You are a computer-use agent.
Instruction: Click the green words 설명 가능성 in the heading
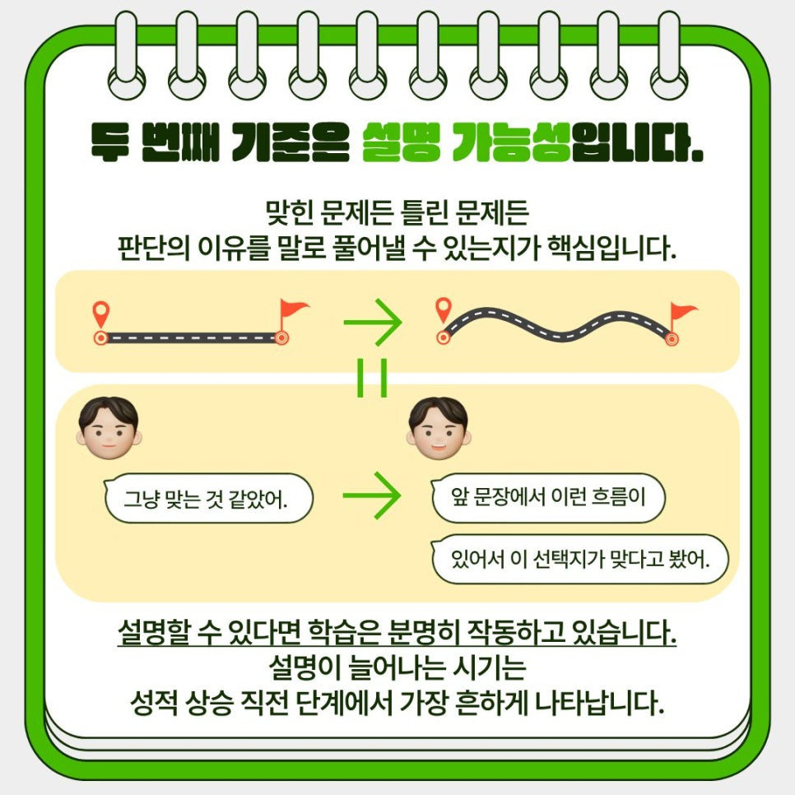(466, 142)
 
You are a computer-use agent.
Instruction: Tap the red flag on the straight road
(292, 311)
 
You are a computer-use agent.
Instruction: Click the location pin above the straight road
(100, 314)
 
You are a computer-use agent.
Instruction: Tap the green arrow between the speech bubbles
(371, 495)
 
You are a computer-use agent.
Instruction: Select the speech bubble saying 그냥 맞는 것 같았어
(209, 497)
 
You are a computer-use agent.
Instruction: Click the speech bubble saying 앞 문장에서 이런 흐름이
(547, 497)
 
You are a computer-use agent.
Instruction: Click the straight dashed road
(191, 337)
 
